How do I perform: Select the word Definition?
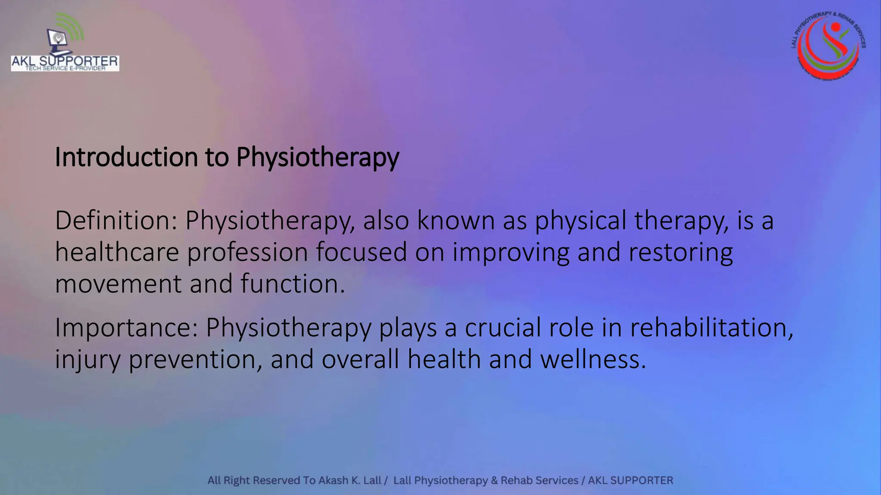(x=116, y=220)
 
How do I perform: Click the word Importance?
(x=126, y=327)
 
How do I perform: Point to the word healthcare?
(x=117, y=252)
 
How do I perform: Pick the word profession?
(x=247, y=253)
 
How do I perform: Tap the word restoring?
(x=681, y=253)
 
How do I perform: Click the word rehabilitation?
(x=712, y=327)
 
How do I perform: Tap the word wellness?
(x=593, y=359)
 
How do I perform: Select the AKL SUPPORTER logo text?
(x=65, y=62)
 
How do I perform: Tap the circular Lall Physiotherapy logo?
(x=829, y=46)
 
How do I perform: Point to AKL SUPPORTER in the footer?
(x=630, y=480)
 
